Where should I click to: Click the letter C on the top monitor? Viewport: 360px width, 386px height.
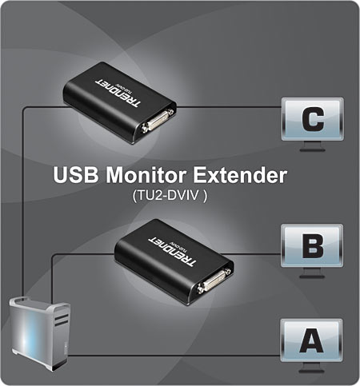click(x=313, y=119)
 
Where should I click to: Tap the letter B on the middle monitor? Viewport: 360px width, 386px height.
click(x=313, y=245)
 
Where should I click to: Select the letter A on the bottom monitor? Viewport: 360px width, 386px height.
click(x=311, y=340)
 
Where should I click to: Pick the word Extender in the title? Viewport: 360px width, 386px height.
click(x=240, y=175)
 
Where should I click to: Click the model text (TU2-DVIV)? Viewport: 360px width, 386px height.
click(x=170, y=196)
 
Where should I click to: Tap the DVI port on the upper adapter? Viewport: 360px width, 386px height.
click(x=158, y=121)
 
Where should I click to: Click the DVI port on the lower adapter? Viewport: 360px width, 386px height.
click(x=214, y=281)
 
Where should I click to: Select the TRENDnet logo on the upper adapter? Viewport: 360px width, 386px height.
click(x=118, y=93)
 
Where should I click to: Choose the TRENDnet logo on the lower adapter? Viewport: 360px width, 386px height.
click(x=172, y=251)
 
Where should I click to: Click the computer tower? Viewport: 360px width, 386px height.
click(x=40, y=334)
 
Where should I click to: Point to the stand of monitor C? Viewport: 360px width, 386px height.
click(x=313, y=146)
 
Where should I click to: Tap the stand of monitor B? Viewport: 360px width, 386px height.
click(x=312, y=273)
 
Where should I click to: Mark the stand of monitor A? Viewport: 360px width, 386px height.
click(x=311, y=368)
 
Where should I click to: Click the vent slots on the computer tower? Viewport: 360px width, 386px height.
click(x=62, y=320)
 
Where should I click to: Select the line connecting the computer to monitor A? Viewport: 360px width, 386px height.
click(x=174, y=356)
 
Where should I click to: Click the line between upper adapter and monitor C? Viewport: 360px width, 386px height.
click(x=228, y=107)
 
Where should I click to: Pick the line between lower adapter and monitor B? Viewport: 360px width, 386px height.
click(x=251, y=254)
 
